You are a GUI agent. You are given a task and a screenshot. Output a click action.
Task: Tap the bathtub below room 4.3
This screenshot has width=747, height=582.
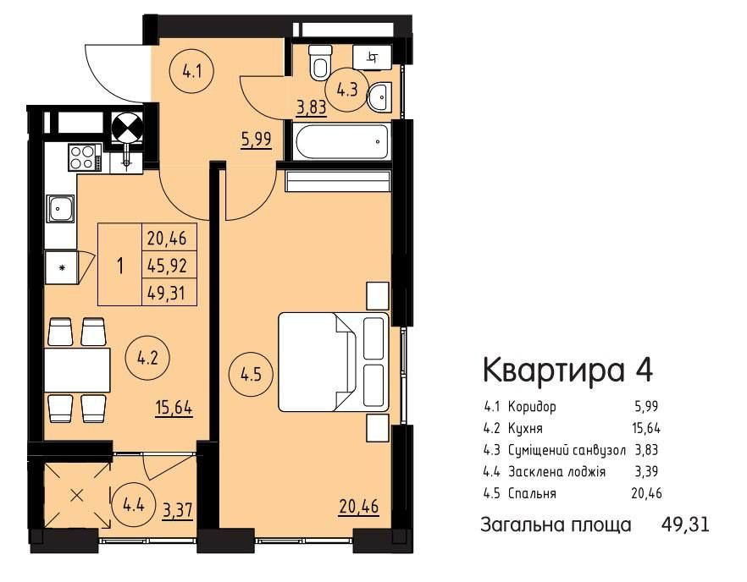pyautogui.click(x=342, y=140)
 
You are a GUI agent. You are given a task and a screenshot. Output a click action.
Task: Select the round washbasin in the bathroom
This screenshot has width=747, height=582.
pyautogui.click(x=380, y=97)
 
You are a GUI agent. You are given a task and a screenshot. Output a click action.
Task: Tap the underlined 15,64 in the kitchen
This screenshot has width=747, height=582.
pyautogui.click(x=174, y=409)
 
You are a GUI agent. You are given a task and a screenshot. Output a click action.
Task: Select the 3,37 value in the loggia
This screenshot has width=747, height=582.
pyautogui.click(x=177, y=509)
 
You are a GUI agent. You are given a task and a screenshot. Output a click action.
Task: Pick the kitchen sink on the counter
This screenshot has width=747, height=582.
pyautogui.click(x=61, y=207)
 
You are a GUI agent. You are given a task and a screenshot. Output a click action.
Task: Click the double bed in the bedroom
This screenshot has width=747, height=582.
pyautogui.click(x=334, y=362)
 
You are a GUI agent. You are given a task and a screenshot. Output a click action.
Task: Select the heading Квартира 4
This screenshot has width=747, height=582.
pyautogui.click(x=567, y=370)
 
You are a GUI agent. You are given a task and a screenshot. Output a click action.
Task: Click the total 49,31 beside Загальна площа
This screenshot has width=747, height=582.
pyautogui.click(x=684, y=524)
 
